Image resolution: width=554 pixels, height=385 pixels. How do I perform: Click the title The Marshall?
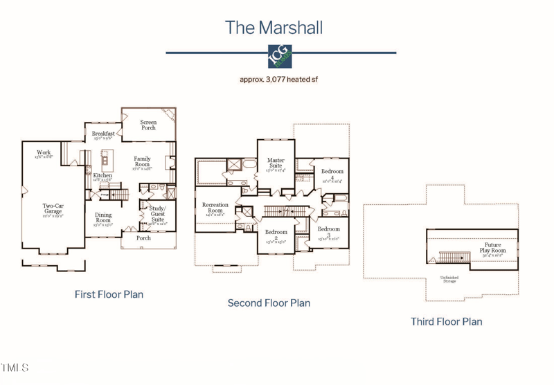tap(274, 28)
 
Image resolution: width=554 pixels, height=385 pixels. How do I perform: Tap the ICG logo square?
tap(280, 56)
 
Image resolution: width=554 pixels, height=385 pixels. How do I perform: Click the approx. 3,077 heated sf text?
tap(278, 80)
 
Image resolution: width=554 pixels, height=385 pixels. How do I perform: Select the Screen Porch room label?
tap(148, 125)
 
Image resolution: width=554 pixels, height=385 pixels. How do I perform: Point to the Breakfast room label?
tap(103, 134)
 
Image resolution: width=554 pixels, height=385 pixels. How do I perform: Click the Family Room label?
tap(142, 162)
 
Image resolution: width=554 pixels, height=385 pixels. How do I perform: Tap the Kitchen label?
tap(102, 177)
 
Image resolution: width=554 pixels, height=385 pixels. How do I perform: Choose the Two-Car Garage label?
tap(53, 208)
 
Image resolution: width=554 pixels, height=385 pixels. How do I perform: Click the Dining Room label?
tap(102, 218)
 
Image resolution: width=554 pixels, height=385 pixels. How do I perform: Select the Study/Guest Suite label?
tap(158, 214)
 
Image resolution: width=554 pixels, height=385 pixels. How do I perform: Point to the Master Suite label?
tap(276, 163)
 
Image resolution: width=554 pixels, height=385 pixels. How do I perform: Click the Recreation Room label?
tap(215, 208)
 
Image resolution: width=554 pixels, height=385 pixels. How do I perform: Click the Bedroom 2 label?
tap(276, 235)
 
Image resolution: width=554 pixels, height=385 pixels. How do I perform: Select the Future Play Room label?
tap(492, 248)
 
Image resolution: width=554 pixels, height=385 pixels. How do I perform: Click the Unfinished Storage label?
tap(449, 280)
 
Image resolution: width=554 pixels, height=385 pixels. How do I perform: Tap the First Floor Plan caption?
tap(109, 294)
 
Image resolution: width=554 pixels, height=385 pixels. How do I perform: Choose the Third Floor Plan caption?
tap(446, 321)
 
